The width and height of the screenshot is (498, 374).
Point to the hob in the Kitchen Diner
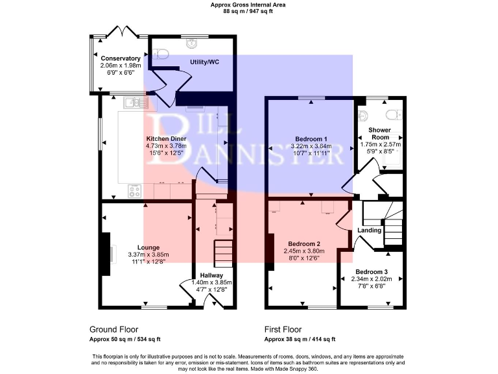point(136,191)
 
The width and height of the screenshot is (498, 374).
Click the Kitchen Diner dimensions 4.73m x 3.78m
point(167,147)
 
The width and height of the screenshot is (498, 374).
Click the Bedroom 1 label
point(311,139)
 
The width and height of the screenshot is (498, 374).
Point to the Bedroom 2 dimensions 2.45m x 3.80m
point(304,251)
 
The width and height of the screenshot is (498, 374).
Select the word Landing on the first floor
point(369,230)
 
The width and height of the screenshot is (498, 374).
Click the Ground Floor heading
point(113,329)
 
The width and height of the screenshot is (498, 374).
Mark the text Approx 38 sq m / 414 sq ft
point(300,339)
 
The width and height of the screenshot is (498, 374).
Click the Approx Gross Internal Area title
point(248,5)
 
